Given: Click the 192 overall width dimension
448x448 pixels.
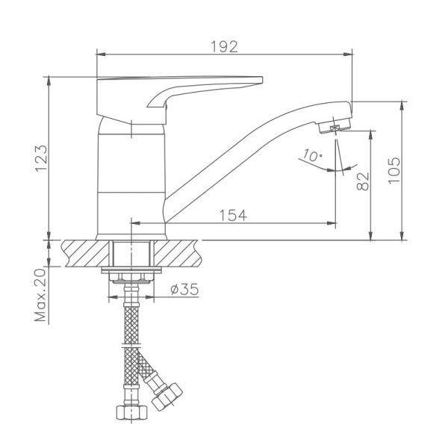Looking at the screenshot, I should (225, 46).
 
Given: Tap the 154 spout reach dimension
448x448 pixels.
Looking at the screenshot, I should (233, 214).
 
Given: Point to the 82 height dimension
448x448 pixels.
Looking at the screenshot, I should (364, 181).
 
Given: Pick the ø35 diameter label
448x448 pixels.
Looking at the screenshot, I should (184, 289).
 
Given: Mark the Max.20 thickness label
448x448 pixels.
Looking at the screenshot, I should (40, 296).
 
